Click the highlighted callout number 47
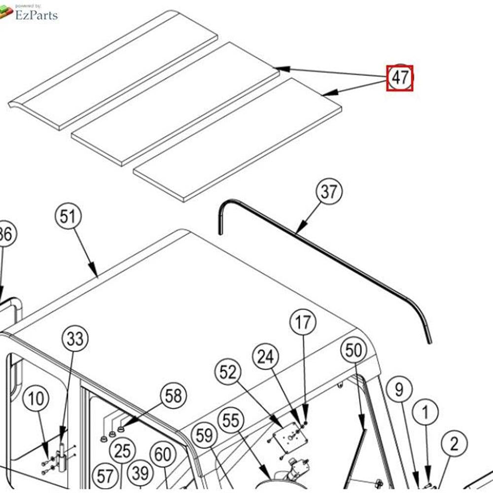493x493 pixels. coord(399,78)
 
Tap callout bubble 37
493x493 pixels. coord(329,192)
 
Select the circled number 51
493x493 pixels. coord(69,217)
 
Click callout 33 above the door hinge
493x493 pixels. coord(75,339)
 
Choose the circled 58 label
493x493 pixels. coord(173,396)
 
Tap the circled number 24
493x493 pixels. coord(266,356)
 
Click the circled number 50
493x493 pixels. coord(353,351)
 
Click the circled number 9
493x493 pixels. coord(399,389)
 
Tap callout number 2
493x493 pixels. coord(454,444)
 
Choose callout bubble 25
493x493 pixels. coord(122,450)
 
